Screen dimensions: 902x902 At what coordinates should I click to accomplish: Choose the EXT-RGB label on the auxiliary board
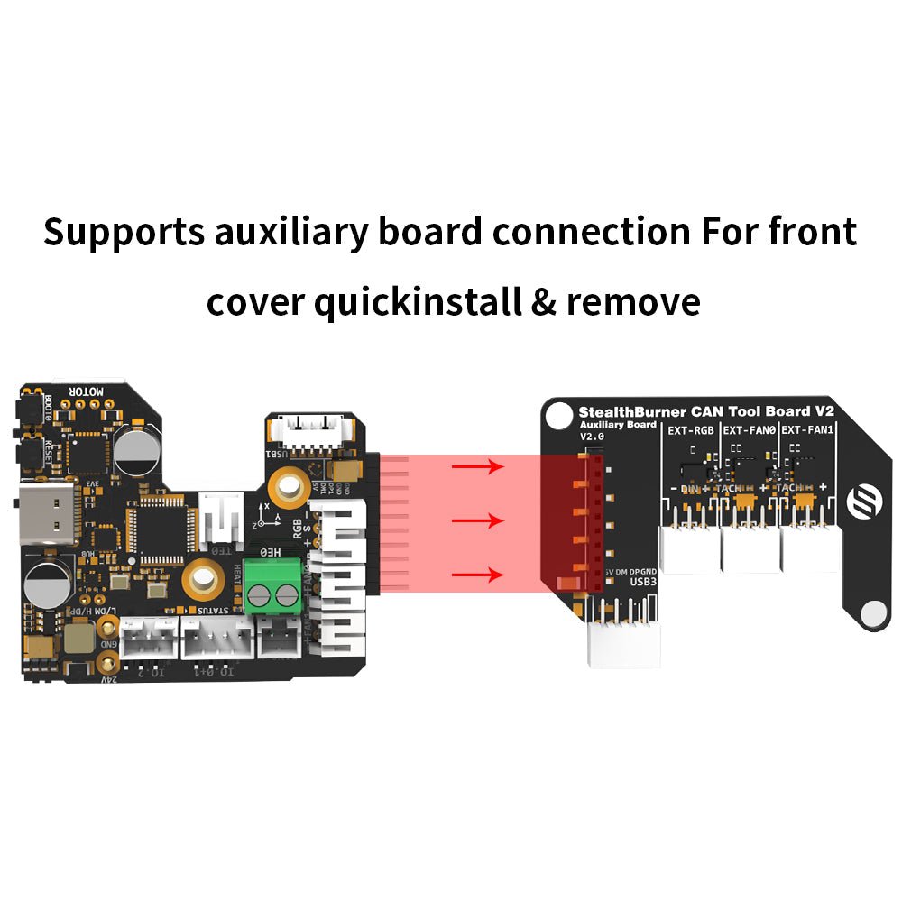691,430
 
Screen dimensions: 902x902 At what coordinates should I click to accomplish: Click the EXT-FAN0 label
750,430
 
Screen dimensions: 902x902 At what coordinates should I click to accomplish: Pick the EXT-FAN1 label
808,430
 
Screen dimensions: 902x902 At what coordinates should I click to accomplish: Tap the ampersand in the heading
543,301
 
